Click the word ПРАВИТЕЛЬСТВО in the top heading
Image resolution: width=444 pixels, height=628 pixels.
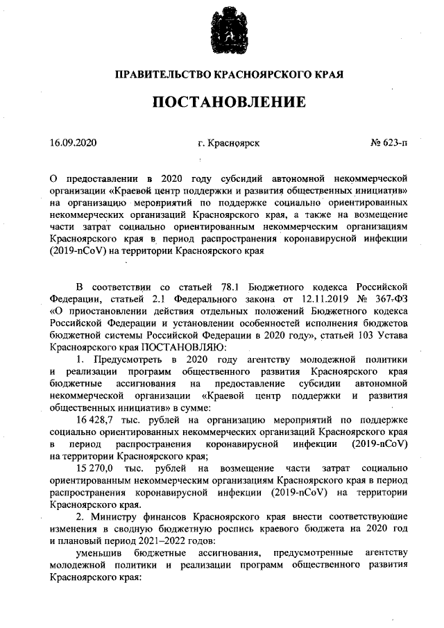pyautogui.click(x=162, y=74)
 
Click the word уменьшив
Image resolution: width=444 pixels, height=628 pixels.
pyautogui.click(x=98, y=553)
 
